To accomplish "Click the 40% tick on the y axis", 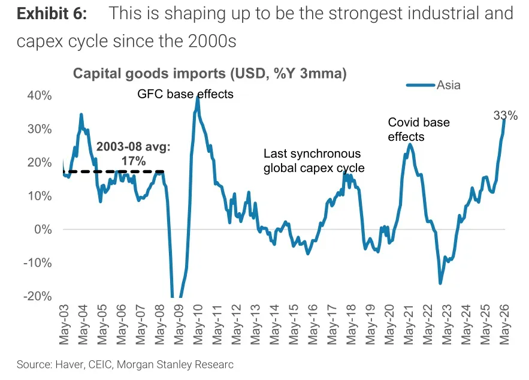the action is tap(40, 95).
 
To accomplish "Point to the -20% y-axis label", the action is tap(38, 296).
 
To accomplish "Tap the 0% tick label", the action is tap(43, 230).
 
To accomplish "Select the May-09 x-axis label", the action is tap(179, 324).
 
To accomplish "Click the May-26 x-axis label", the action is tap(504, 324).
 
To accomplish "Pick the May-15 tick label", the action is tap(294, 324).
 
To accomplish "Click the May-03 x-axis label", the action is tap(64, 324).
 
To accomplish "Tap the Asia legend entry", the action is tap(434, 85).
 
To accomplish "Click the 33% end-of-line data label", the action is tap(506, 116).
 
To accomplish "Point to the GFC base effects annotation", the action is tap(185, 94).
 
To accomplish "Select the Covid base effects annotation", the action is tap(419, 129).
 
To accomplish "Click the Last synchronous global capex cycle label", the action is tap(314, 161).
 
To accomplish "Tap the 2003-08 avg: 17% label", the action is tap(133, 154).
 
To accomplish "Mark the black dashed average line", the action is tap(113, 172).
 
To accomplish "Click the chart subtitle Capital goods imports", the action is tap(210, 74).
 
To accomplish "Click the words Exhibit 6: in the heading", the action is tap(52, 14).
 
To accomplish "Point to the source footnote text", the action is tap(125, 364).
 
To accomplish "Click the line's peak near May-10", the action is tap(198, 98).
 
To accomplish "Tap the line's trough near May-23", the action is tap(440, 283).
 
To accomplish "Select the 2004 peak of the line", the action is tap(81, 114).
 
